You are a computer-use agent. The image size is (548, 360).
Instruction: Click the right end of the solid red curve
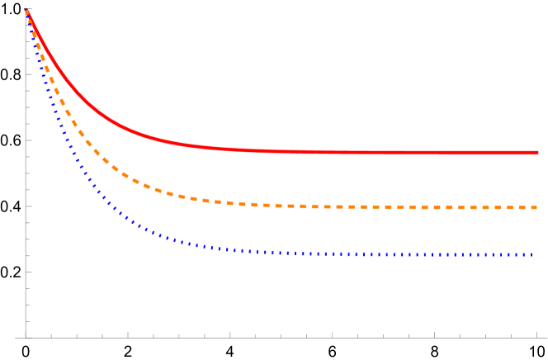pos(538,153)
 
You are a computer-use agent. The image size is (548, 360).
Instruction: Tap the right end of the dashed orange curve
pos(538,207)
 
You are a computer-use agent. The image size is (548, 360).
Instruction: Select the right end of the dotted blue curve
pos(535,255)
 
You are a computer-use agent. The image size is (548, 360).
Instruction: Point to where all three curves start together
pos(26,10)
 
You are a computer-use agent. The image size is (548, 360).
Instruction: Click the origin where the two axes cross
pos(26,337)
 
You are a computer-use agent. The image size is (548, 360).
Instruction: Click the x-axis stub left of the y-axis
pos(20,337)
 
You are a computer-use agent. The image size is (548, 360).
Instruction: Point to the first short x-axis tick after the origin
pos(51,335)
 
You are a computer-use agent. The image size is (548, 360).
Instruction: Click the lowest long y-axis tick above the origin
pos(28,272)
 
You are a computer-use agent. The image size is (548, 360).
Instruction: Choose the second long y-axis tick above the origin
pos(28,206)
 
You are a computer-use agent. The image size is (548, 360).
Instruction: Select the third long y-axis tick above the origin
pos(28,140)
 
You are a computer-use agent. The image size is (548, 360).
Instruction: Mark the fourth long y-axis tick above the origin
pos(28,74)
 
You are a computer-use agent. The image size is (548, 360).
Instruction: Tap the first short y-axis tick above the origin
pos(27,321)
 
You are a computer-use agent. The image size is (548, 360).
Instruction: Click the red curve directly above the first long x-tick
pos(128,130)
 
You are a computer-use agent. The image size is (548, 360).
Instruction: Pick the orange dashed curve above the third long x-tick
pos(333,206)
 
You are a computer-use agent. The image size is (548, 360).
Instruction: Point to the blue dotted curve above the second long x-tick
pos(230,249)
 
